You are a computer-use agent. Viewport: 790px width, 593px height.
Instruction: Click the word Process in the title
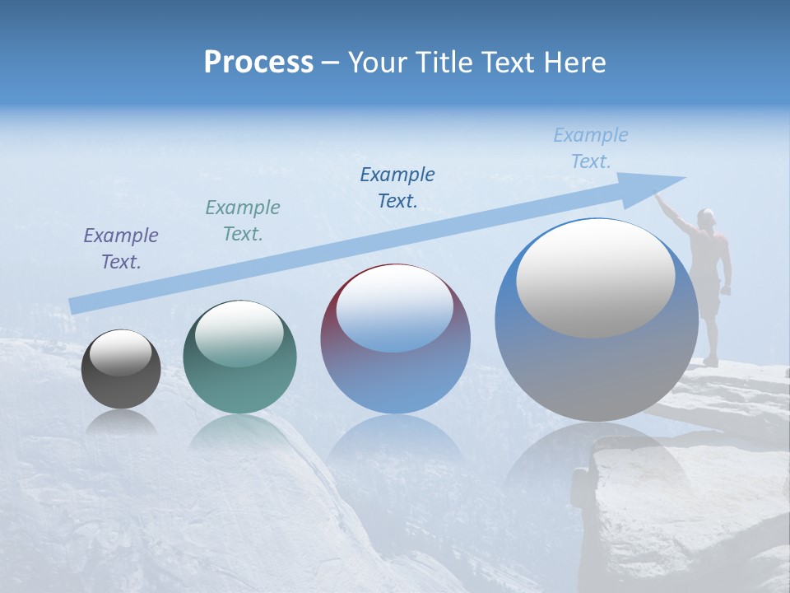[x=258, y=63]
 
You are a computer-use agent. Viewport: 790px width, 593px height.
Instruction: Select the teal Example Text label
[x=243, y=221]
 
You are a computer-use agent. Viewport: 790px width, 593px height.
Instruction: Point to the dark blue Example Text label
[x=397, y=188]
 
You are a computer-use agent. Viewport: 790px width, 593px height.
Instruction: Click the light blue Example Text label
[x=591, y=148]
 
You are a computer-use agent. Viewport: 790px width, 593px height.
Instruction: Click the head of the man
[x=705, y=217]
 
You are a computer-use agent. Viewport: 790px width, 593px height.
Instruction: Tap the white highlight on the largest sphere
[x=595, y=278]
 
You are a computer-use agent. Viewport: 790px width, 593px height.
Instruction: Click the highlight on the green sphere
[x=239, y=334]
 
